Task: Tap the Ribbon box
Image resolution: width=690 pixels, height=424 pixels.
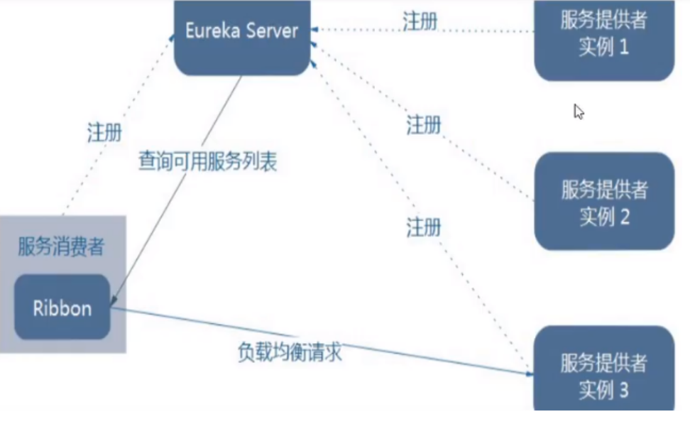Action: click(62, 308)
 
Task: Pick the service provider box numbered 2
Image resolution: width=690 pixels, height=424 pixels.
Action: click(603, 202)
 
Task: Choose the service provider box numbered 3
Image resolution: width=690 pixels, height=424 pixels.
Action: click(603, 372)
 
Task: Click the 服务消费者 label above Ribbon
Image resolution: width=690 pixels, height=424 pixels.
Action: click(61, 246)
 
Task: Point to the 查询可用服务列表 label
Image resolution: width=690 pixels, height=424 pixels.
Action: click(207, 161)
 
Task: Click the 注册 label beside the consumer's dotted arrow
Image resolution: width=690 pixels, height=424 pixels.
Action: click(104, 132)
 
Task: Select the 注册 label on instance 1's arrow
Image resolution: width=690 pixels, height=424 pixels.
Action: click(420, 21)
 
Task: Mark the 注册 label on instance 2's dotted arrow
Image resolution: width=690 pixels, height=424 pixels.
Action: click(424, 125)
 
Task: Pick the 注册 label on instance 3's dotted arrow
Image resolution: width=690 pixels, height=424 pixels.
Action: click(424, 227)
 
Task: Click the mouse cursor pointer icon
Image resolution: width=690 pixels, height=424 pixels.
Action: click(579, 112)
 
